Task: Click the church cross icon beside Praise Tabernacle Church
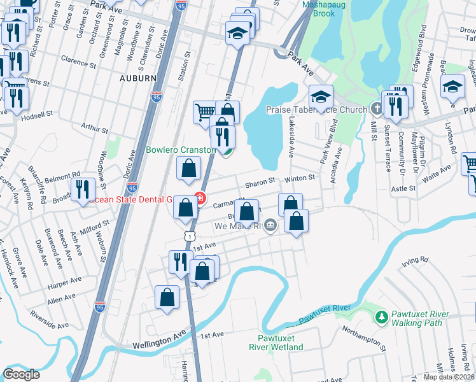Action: coord(376,110)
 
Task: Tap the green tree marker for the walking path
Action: coord(381,316)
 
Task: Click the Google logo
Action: coord(21,374)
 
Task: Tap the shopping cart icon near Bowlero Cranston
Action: coord(205,112)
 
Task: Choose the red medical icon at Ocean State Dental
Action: coord(200,199)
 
